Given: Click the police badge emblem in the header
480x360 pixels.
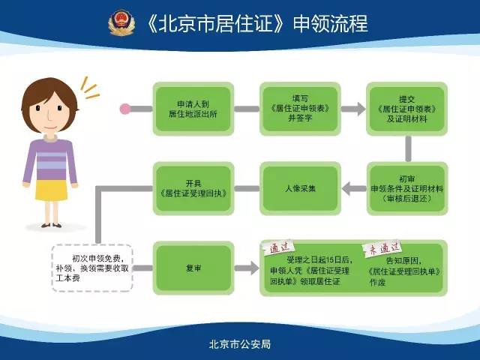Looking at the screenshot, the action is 121,23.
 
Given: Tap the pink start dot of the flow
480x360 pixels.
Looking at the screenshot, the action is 125,109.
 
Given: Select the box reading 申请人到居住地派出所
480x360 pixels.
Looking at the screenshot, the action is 193,109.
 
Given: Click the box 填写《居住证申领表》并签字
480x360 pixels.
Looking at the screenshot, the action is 300,109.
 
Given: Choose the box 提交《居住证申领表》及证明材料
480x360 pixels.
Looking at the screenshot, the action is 406,109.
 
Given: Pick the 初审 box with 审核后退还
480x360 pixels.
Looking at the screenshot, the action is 407,188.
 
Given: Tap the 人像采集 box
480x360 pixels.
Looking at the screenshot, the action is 300,188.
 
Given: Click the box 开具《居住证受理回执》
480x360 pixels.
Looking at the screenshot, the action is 193,188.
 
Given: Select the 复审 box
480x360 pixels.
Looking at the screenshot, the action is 193,268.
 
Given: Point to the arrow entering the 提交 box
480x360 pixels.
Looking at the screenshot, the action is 353,109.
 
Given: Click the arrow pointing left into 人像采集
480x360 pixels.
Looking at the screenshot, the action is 354,188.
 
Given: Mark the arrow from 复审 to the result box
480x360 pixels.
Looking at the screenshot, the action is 247,268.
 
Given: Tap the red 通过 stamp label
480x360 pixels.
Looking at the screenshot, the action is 279,247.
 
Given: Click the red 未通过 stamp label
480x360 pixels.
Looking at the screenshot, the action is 382,248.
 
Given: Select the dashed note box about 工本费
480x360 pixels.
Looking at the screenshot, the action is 92,268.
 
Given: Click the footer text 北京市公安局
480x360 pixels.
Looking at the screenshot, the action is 240,344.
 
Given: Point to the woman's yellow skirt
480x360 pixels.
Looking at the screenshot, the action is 51,190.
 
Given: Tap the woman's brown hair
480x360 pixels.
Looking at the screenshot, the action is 49,97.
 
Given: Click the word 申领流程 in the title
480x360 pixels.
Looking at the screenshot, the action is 330,23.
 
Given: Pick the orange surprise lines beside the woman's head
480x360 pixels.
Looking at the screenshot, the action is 89,88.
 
